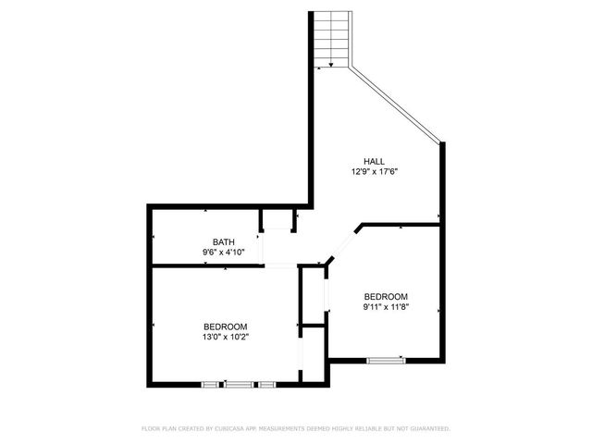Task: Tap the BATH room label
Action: tap(223, 241)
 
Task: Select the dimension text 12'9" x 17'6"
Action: tap(373, 172)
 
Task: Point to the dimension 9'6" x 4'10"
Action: tap(223, 253)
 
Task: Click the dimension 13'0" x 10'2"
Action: tap(226, 338)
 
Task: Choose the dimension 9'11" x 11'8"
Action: tap(385, 307)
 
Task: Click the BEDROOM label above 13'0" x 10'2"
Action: tap(226, 327)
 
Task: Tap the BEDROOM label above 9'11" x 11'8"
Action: tap(385, 296)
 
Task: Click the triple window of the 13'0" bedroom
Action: tap(239, 383)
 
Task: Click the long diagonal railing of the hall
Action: tap(396, 104)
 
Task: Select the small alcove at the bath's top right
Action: tap(277, 220)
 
